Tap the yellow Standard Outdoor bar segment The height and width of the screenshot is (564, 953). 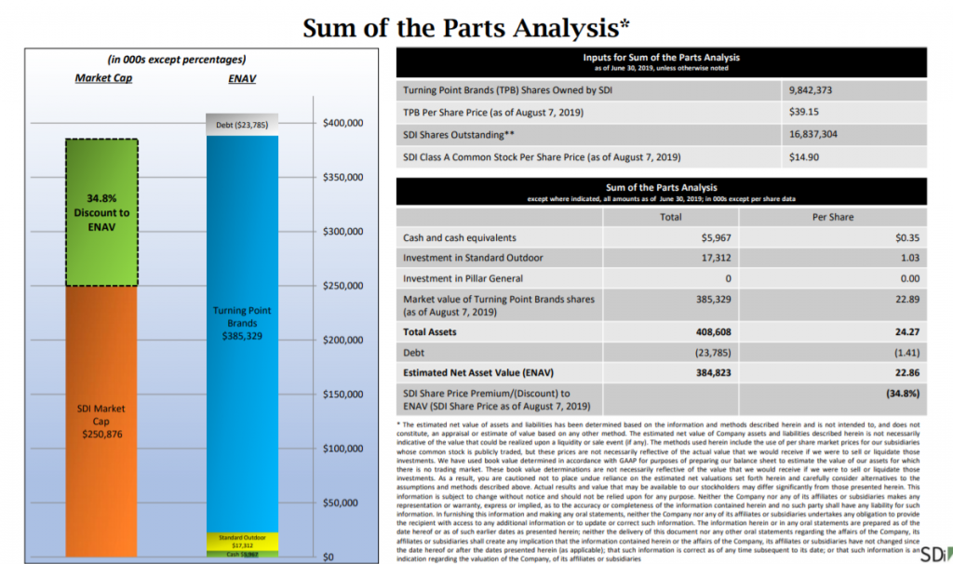242,541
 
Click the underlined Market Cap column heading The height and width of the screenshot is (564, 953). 104,78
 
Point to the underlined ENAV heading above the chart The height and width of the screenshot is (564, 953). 242,79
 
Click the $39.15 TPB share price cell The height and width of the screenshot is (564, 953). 805,112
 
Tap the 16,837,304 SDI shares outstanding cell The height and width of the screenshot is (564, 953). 817,134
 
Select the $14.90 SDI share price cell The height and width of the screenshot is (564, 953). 805,156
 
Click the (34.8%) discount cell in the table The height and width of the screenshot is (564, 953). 903,394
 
